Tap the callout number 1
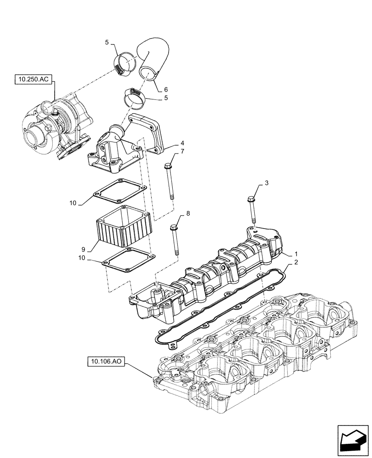(x=296, y=254)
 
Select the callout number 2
(x=296, y=263)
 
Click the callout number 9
(x=84, y=249)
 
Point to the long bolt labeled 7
(x=170, y=180)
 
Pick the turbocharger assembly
(x=57, y=126)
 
